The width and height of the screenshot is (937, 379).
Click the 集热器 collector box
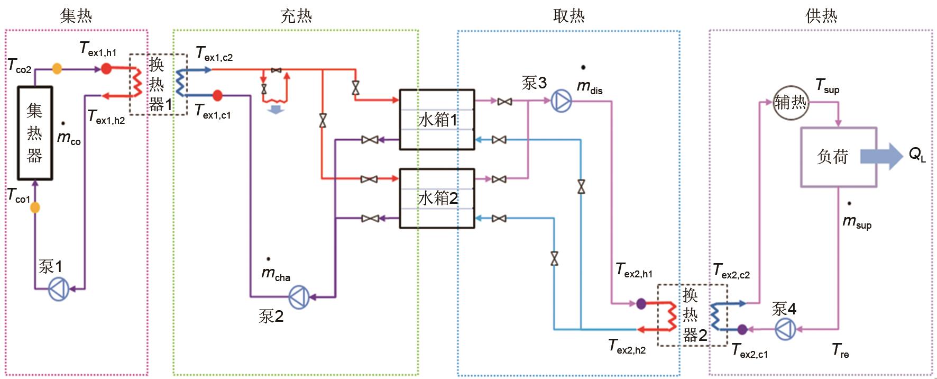[35, 133]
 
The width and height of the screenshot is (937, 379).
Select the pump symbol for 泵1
[58, 289]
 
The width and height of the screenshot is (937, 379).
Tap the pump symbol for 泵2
[299, 297]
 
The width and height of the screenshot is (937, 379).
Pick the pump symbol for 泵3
[561, 101]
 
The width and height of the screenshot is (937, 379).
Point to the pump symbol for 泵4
[785, 330]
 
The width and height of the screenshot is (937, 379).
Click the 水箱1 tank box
[437, 120]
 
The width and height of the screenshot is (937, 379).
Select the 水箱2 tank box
[437, 198]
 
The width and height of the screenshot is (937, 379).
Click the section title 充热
[296, 16]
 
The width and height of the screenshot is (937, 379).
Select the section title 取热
[568, 16]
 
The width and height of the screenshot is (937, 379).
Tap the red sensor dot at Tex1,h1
[106, 68]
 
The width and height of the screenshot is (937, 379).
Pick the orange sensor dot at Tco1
[35, 207]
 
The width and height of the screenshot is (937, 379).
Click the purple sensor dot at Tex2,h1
[641, 304]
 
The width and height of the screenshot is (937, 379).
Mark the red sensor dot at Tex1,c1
[217, 96]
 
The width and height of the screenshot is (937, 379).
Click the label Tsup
[827, 86]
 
